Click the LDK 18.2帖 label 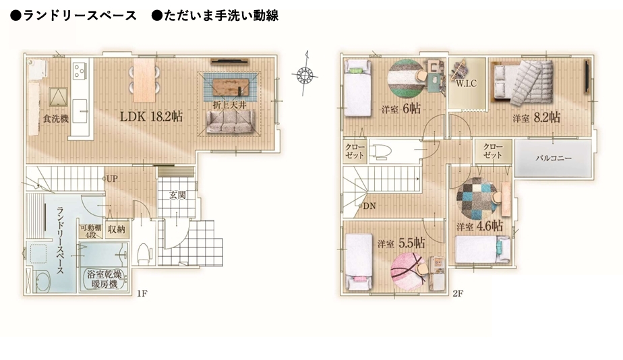152,117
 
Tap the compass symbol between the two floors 305,74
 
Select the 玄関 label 177,195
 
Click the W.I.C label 466,84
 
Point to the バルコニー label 554,158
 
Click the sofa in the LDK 231,121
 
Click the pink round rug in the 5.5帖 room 407,272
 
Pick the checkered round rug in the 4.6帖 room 476,198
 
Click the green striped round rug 405,78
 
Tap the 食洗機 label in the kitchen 55,119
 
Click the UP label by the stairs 112,179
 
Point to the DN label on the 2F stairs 369,206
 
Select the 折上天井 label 230,105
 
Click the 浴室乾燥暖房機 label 104,279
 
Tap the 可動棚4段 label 91,231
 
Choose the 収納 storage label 117,229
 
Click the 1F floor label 142,294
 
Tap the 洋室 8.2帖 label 537,117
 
